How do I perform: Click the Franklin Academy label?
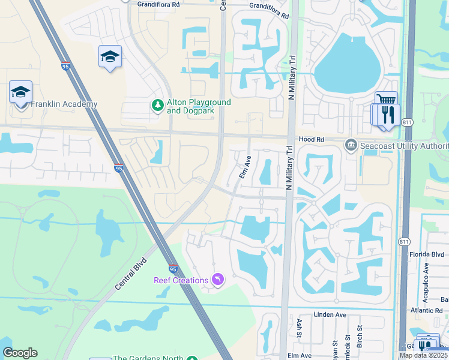(64, 104)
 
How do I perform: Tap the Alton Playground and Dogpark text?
(199, 106)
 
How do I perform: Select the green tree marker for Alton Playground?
(158, 106)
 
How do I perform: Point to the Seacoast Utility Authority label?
(403, 146)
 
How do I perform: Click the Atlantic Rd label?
(432, 311)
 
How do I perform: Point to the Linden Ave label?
(330, 314)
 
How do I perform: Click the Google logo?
(20, 353)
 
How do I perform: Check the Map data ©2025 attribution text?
(423, 355)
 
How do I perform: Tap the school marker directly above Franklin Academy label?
(20, 92)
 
